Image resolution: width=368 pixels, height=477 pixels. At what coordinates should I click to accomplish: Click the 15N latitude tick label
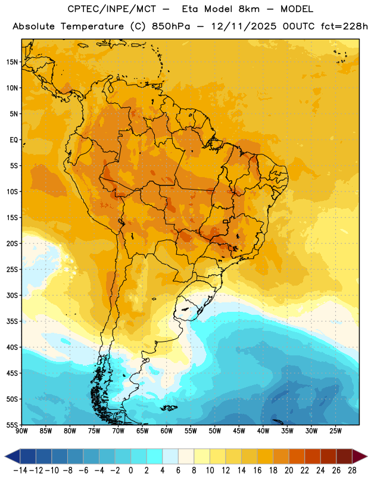point(12,62)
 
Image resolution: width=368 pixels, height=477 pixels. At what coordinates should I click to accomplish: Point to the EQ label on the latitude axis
point(14,140)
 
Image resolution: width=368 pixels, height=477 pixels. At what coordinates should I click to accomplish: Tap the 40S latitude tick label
point(12,347)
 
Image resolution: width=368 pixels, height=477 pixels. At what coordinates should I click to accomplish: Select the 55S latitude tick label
point(12,425)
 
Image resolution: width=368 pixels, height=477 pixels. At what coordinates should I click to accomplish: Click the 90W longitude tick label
point(21,430)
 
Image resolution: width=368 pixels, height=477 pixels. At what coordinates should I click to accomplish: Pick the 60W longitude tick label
point(167,430)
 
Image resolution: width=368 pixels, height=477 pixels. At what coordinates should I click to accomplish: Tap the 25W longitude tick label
point(335,430)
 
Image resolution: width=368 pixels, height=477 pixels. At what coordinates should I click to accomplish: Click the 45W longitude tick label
point(239,430)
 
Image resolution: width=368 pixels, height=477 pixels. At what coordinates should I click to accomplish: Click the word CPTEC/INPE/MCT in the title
point(112,9)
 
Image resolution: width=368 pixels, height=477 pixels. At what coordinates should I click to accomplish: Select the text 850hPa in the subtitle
point(171,26)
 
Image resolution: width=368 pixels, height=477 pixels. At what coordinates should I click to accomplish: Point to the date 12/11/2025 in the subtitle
point(244,26)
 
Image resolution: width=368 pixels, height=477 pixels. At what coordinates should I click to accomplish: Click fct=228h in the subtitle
point(344,26)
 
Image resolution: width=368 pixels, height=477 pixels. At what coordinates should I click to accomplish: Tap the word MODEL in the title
point(297,9)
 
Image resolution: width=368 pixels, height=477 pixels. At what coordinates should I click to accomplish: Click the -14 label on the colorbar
point(20,470)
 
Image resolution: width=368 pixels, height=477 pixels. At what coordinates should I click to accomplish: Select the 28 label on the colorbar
point(352,470)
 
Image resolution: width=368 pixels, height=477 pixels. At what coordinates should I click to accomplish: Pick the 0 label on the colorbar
point(130,470)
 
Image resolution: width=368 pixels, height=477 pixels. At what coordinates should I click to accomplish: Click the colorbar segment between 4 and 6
point(170,456)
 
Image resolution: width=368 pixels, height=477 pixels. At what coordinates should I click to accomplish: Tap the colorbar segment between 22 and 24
point(313,456)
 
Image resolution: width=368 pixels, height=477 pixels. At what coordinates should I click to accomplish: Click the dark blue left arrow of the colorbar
point(13,456)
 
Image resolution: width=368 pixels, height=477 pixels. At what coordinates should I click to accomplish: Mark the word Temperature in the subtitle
point(92,27)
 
